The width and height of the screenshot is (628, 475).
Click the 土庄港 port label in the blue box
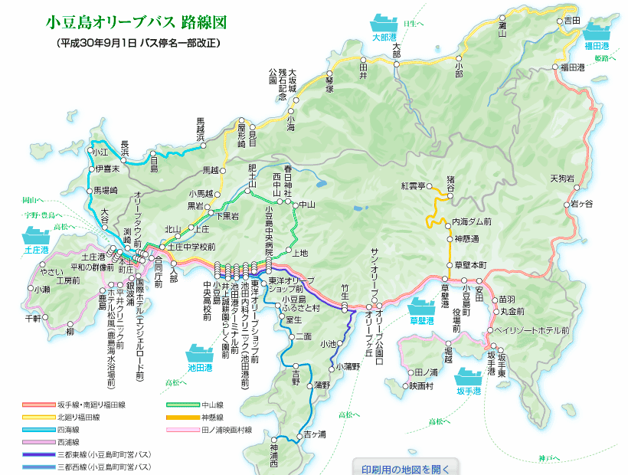pos(36,251)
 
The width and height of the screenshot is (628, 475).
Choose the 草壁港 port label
pos(421,320)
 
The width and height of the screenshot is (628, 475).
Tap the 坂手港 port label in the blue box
pos(468,391)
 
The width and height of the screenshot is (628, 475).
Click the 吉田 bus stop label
pos(572,21)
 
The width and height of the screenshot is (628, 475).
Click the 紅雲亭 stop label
pos(412,186)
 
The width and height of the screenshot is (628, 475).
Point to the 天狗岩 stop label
pos(561,179)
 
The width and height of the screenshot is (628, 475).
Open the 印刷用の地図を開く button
pos(406,468)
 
